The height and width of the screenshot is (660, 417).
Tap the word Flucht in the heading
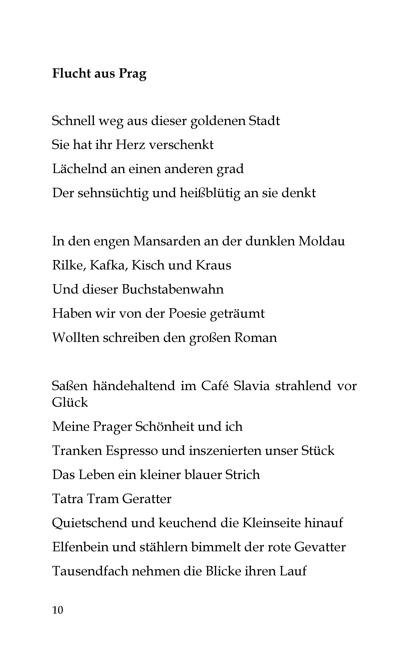tap(71, 73)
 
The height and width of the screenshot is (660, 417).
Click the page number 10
tap(58, 610)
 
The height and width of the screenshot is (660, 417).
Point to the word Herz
tap(130, 145)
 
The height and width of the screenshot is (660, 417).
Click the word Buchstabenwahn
tap(173, 289)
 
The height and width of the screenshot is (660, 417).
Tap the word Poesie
tap(187, 313)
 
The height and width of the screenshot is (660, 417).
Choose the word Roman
tap(255, 337)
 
